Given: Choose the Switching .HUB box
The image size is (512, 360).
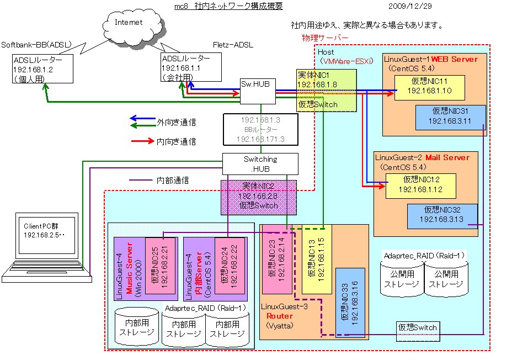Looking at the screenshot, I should (x=260, y=164).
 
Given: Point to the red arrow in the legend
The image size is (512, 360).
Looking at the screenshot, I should (x=142, y=142).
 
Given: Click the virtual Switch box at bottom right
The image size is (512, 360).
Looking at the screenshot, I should (x=418, y=328).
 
